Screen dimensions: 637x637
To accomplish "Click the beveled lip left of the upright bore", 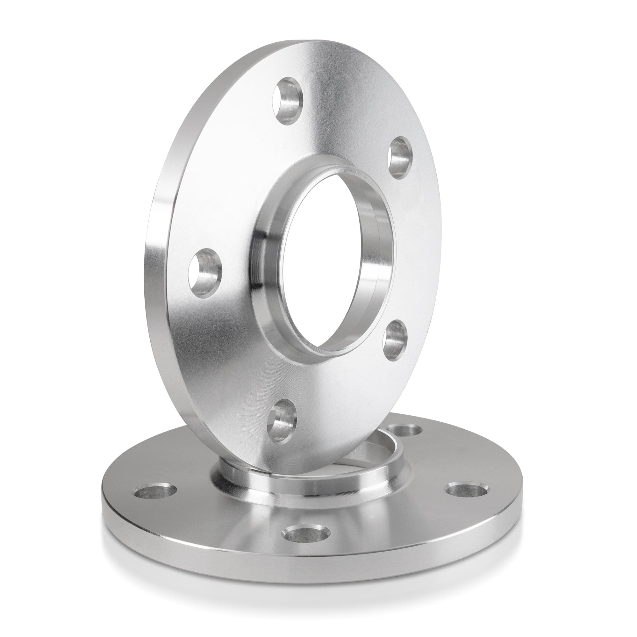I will point(261,264).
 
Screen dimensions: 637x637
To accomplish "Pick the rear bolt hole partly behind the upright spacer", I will point(405,430).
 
